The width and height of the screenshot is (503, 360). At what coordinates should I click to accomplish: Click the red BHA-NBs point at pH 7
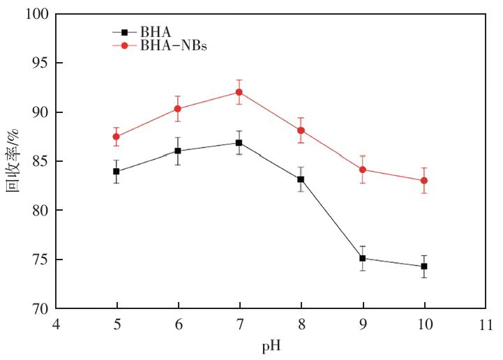tap(239, 92)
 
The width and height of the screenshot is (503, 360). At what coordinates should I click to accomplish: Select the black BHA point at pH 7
tap(239, 142)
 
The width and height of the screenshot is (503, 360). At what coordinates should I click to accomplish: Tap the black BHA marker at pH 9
tap(363, 258)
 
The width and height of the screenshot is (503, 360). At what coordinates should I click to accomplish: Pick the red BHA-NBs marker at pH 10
tap(424, 181)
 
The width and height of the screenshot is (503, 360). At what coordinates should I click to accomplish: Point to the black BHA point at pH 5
tap(117, 171)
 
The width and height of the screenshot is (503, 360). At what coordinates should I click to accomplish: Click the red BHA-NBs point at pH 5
tap(117, 137)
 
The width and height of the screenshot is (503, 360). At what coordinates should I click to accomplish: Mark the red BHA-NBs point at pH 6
tap(178, 108)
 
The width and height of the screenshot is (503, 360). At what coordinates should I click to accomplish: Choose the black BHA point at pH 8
tap(301, 179)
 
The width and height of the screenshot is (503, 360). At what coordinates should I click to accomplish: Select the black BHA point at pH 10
tap(424, 267)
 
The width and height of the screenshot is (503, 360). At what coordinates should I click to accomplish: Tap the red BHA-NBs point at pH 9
tap(363, 170)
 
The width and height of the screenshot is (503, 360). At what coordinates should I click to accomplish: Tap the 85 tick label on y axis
tap(41, 162)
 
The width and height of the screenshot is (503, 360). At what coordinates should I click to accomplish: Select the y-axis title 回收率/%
tap(15, 161)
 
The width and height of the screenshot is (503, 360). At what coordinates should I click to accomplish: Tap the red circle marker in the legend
tap(125, 46)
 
